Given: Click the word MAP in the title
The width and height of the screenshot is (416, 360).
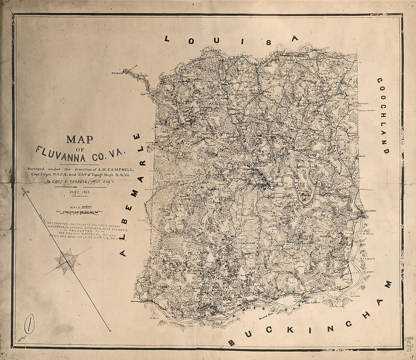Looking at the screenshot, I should click(80, 139).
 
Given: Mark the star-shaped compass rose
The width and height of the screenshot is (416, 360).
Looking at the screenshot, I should click(67, 261).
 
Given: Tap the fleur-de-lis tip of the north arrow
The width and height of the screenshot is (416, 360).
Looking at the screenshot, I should click(26, 193).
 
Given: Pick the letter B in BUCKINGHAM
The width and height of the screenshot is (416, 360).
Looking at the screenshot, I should click(231, 342).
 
